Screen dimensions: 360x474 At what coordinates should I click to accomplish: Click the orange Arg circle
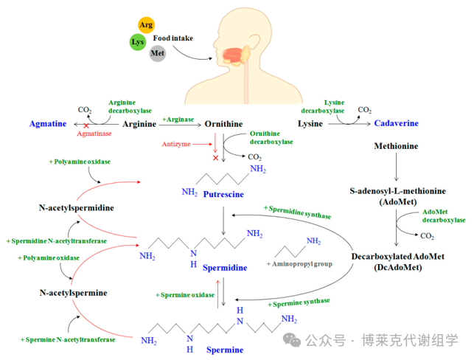[x=147, y=25]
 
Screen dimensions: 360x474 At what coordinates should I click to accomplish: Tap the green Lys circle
[x=137, y=42]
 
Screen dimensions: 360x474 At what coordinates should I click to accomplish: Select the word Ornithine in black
[x=224, y=124]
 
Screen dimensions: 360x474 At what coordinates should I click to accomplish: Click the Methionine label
[x=397, y=146]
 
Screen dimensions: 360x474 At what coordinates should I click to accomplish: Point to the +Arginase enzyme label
[x=179, y=119]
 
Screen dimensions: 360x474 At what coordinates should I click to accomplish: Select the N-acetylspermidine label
[x=77, y=208]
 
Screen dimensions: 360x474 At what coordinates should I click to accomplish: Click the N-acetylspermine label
[x=74, y=293]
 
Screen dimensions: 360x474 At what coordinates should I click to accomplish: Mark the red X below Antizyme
[x=215, y=158]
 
